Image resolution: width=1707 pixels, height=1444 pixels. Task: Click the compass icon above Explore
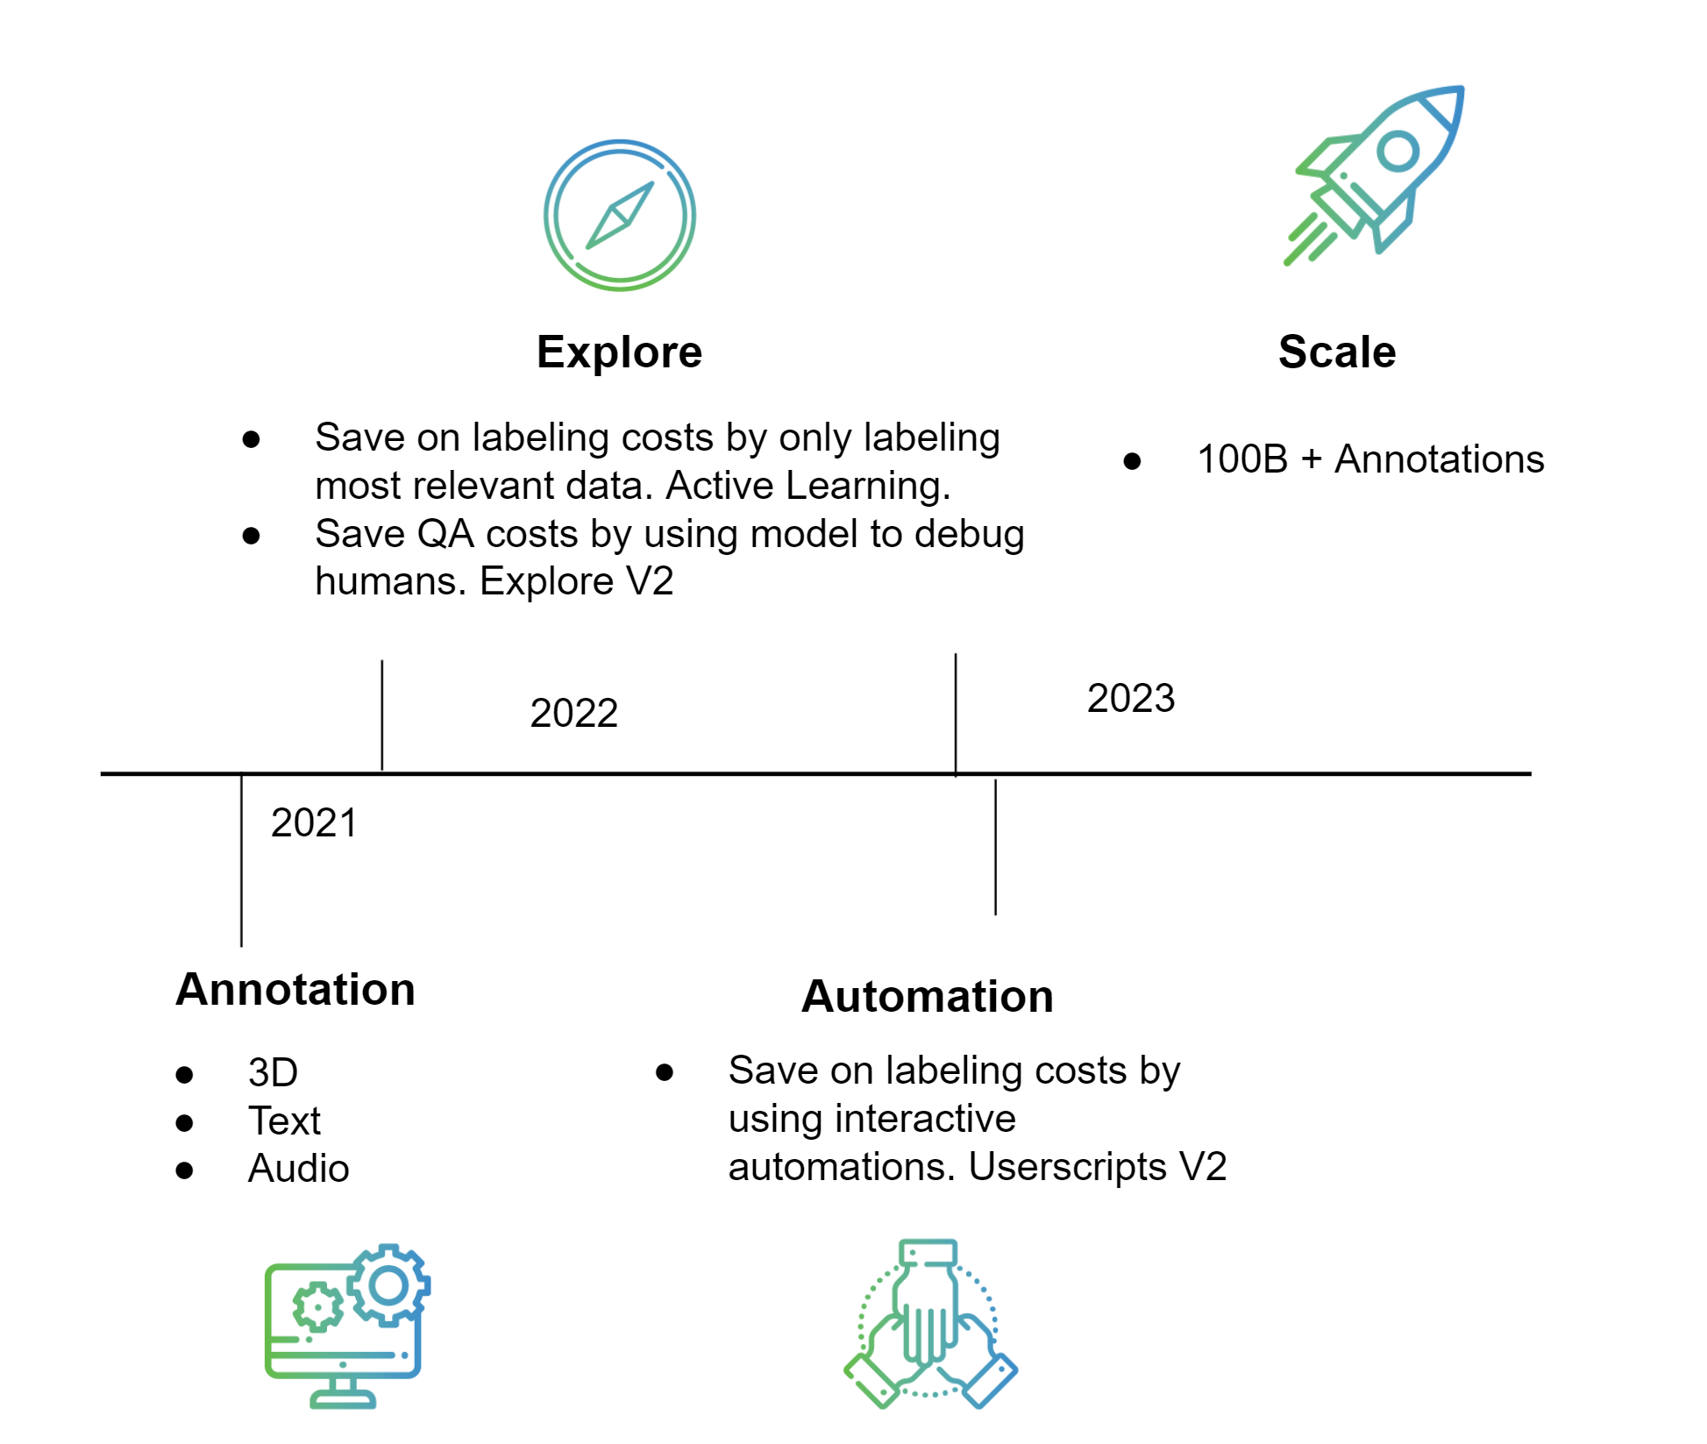click(x=619, y=215)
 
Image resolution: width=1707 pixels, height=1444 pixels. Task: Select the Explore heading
click(x=619, y=352)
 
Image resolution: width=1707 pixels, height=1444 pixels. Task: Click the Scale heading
click(x=1336, y=352)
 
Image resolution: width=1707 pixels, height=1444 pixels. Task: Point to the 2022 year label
click(x=573, y=713)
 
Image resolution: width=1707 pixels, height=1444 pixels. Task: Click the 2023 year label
click(x=1130, y=699)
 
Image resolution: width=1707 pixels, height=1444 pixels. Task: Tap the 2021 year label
click(x=314, y=823)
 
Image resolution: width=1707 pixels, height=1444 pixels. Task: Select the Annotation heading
click(x=295, y=989)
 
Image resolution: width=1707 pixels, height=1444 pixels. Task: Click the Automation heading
click(x=927, y=996)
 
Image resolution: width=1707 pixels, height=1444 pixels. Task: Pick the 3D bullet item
click(x=273, y=1072)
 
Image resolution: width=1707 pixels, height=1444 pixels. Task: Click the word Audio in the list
click(x=298, y=1169)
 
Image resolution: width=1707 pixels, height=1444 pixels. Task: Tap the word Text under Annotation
click(x=284, y=1120)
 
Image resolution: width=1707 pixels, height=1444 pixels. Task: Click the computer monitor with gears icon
click(x=345, y=1326)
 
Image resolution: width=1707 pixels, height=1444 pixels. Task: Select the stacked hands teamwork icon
click(x=929, y=1324)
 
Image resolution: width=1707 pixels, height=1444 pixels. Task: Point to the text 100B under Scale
click(x=1241, y=459)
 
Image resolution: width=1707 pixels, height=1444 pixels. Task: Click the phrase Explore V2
click(x=576, y=581)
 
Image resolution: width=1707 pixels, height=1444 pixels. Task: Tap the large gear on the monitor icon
click(x=388, y=1285)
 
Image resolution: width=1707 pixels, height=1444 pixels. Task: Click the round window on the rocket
click(x=1398, y=151)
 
